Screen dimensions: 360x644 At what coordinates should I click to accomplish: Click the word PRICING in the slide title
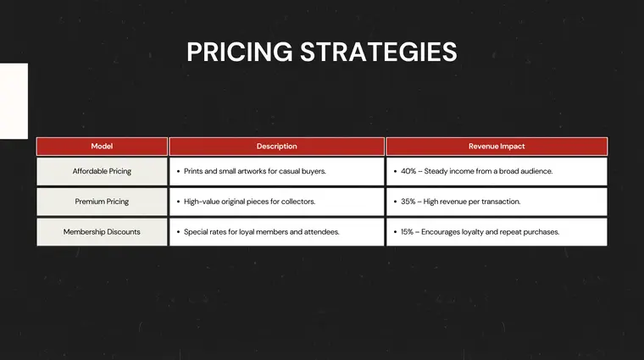(239, 52)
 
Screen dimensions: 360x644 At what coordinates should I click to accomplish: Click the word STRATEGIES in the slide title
(378, 52)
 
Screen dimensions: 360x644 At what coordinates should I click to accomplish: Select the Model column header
(102, 147)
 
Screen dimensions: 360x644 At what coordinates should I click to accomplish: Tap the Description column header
(276, 147)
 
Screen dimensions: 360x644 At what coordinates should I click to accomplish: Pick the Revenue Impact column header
(497, 147)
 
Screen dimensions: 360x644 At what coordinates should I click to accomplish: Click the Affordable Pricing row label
(102, 171)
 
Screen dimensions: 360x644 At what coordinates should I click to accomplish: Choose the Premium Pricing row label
(102, 202)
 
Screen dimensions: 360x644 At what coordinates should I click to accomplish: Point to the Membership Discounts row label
(102, 231)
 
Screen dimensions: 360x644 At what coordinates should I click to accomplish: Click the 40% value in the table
(408, 171)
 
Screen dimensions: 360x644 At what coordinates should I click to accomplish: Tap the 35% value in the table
(408, 202)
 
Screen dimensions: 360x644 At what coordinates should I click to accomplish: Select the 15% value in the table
(408, 231)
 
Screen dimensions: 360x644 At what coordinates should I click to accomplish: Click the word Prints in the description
(194, 171)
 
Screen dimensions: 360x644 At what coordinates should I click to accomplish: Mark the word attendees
(319, 231)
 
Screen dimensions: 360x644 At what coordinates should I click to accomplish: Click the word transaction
(500, 202)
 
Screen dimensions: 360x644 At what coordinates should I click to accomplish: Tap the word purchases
(540, 231)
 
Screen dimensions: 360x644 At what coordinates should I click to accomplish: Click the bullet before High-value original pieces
(176, 202)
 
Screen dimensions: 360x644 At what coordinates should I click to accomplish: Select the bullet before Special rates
(176, 231)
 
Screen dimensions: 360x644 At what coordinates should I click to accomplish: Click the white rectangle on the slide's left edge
(14, 101)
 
